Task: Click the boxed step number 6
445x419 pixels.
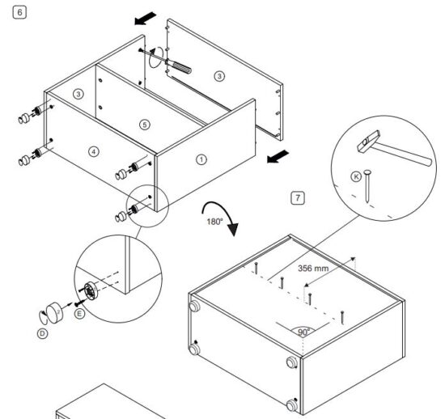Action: [11, 13]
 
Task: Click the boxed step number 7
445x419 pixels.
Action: [299, 197]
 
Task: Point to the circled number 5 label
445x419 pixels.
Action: [144, 125]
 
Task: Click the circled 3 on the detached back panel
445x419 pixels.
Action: [218, 76]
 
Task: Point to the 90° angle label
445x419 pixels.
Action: [303, 332]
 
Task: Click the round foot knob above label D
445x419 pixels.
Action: [53, 311]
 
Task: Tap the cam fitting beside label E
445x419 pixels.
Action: [88, 292]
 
